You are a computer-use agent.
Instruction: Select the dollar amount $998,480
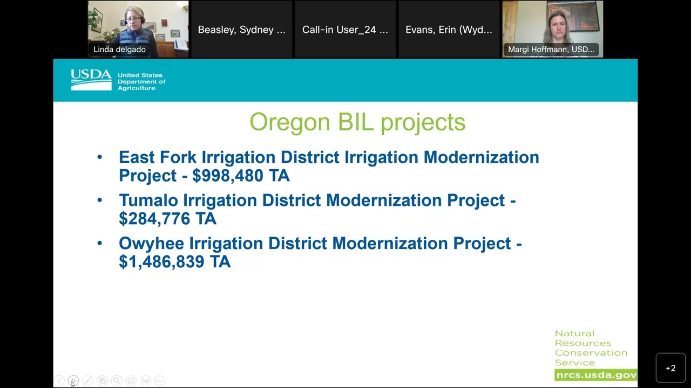click(227, 176)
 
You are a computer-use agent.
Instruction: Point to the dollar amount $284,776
click(154, 219)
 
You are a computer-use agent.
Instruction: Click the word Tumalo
click(148, 200)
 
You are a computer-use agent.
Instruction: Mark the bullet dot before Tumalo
click(99, 200)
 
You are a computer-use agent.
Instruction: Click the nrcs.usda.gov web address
click(595, 375)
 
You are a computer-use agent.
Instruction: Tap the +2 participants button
click(670, 368)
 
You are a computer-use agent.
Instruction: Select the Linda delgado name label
click(119, 50)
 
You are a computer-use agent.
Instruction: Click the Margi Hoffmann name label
click(551, 50)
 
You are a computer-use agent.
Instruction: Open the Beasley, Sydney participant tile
click(241, 30)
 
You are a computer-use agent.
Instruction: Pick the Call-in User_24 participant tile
click(345, 30)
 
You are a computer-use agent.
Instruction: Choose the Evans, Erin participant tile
click(449, 30)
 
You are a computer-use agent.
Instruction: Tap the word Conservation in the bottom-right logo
click(591, 353)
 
